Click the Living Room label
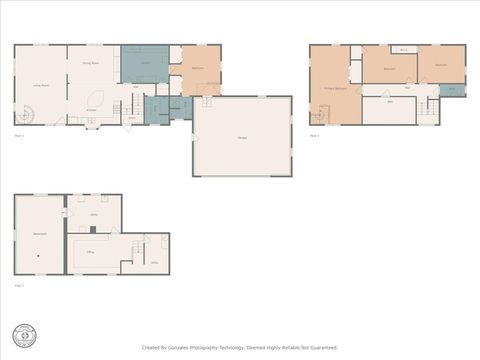42,86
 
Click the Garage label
242,137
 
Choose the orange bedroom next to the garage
198,69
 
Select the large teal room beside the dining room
145,63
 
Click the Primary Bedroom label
334,89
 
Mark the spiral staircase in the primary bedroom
318,118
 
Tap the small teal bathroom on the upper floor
451,89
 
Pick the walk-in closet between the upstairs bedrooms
403,49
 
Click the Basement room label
40,234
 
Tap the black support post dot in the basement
38,256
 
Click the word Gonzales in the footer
187,348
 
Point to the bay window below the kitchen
92,125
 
